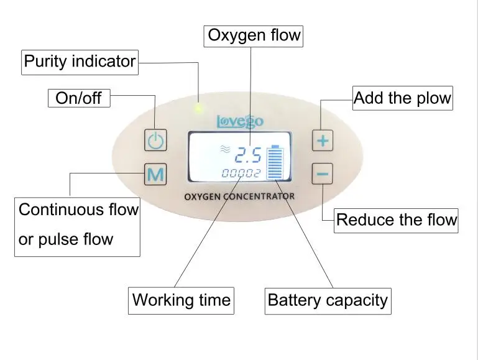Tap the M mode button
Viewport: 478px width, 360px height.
tap(155, 175)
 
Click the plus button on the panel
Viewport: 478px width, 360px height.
tap(322, 141)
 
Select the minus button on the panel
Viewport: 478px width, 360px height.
tap(322, 174)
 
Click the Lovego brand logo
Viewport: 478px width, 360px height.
tap(239, 121)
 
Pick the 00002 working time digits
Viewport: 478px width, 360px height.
tap(241, 173)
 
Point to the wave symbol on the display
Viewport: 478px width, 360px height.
tap(224, 149)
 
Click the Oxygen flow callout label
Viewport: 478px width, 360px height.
tap(254, 36)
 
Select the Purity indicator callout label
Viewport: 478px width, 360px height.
tap(80, 62)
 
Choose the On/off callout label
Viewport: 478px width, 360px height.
tap(78, 98)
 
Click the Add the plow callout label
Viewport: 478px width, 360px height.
tap(402, 98)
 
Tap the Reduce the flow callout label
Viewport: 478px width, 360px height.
tap(396, 219)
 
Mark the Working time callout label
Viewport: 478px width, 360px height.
tap(181, 300)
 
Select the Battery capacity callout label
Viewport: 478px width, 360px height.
tap(328, 300)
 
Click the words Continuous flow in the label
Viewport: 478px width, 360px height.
tap(78, 210)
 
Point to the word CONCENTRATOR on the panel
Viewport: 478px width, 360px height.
tap(262, 196)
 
